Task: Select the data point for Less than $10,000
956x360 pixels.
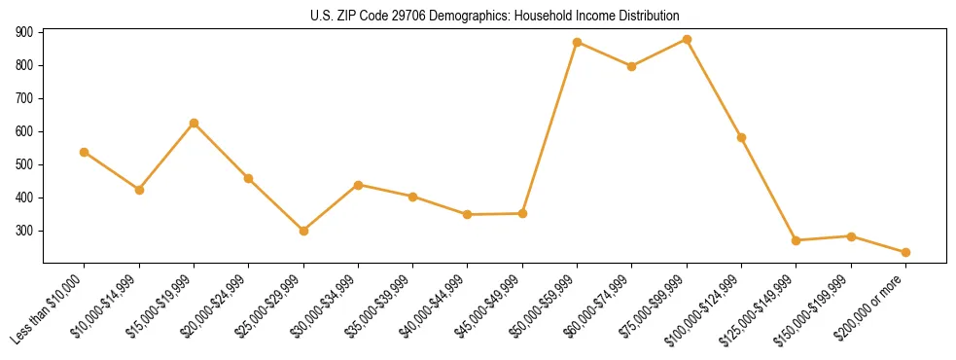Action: (x=85, y=152)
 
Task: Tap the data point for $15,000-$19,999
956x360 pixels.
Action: (x=195, y=123)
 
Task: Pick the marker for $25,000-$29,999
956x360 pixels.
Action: (x=303, y=231)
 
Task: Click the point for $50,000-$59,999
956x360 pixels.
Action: (x=578, y=43)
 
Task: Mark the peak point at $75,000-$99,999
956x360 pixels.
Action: (x=687, y=40)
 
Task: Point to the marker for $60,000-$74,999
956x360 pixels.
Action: (x=632, y=66)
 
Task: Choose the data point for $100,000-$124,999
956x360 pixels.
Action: (x=742, y=137)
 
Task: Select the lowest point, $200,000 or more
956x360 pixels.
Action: (x=905, y=252)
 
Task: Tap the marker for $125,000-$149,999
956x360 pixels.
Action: (x=797, y=240)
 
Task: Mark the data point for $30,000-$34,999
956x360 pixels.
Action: (x=359, y=185)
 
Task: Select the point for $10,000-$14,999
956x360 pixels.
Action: (x=139, y=190)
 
